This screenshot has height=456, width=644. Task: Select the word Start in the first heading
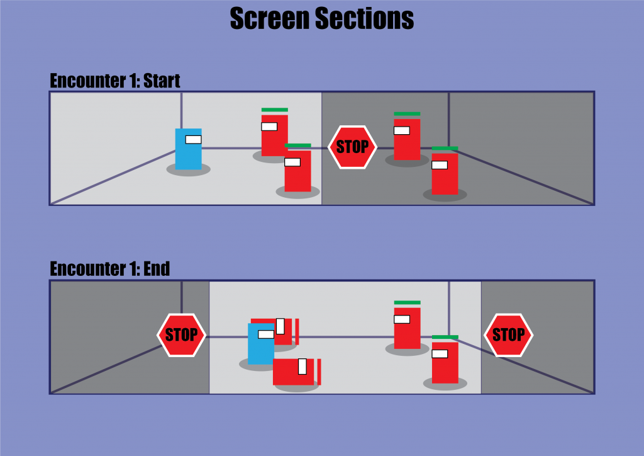162,81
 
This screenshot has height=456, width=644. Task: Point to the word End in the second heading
157,269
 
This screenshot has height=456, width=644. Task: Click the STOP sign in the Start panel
352,147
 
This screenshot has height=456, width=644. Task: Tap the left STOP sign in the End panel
181,334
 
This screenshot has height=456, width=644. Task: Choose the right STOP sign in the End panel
508,334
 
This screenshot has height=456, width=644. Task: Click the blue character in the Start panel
188,149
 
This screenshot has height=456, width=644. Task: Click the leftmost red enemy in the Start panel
274,135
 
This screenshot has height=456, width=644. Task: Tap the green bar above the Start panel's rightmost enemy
445,149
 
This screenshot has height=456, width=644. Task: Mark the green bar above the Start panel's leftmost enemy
274,110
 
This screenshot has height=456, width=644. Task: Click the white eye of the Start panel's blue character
193,139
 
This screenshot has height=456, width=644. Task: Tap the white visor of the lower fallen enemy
302,366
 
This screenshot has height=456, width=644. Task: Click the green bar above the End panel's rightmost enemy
445,337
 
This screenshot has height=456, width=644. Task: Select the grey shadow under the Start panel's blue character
188,170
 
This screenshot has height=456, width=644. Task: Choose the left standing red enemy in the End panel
407,328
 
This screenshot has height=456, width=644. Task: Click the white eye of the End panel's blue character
266,334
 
